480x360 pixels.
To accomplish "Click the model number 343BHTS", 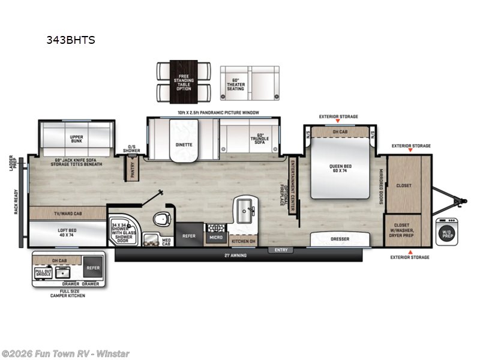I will (x=71, y=41).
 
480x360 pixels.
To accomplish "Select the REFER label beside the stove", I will (x=190, y=236).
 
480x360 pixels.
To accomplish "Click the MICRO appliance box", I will (x=215, y=238).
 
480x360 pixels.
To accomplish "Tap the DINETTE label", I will (x=184, y=145).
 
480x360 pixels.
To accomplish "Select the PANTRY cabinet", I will (x=133, y=167).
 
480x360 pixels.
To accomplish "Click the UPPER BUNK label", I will (x=76, y=139).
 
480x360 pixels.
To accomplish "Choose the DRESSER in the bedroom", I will (x=340, y=239).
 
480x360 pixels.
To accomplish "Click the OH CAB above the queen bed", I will (x=339, y=131).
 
